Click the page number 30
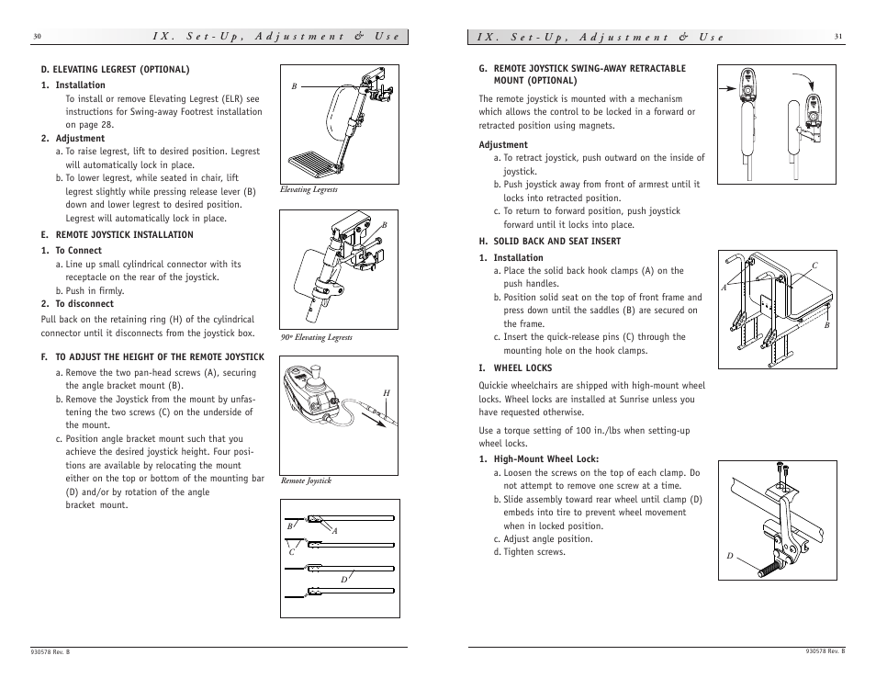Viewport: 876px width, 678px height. tap(37, 37)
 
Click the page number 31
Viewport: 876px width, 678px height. tap(838, 37)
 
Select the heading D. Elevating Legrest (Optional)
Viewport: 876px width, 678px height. tap(115, 69)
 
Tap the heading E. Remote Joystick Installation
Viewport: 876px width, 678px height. tap(117, 234)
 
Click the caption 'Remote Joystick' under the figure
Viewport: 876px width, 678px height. tap(306, 480)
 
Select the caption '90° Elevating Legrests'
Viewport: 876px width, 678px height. tap(316, 337)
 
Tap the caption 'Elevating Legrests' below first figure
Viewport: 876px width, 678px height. tap(309, 190)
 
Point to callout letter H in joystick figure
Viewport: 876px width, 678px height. tap(387, 393)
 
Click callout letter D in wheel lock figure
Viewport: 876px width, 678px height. tap(731, 556)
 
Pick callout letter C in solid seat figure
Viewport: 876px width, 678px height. tap(813, 266)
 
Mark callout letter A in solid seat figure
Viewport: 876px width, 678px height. tap(724, 288)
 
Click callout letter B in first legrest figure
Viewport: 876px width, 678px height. tap(295, 86)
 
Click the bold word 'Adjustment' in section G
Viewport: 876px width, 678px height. tap(503, 144)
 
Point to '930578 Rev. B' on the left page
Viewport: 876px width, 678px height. tap(51, 651)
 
